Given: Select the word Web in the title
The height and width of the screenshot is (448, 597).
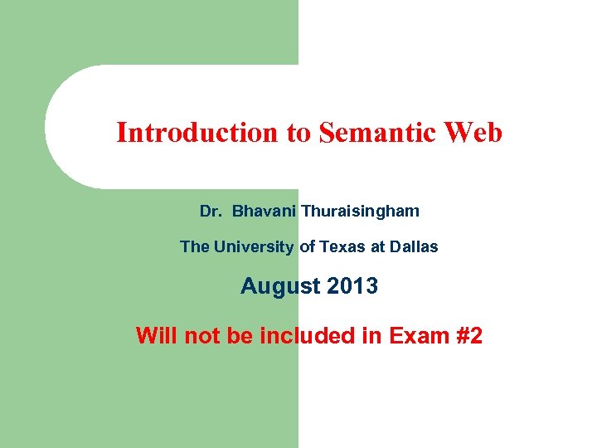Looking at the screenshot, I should [475, 133].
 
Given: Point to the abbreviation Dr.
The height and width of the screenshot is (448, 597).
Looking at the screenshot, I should [211, 212].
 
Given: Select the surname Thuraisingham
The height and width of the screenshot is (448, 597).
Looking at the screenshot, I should [360, 212].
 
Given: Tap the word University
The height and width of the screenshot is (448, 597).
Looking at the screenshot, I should [253, 246].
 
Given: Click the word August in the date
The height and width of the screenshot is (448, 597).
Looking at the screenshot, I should [280, 287].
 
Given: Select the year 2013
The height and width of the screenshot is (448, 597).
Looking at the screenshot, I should [352, 287].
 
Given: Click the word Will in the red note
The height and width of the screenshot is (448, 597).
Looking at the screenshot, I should [157, 336].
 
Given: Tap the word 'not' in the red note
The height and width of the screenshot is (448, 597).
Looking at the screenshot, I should [201, 336].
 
